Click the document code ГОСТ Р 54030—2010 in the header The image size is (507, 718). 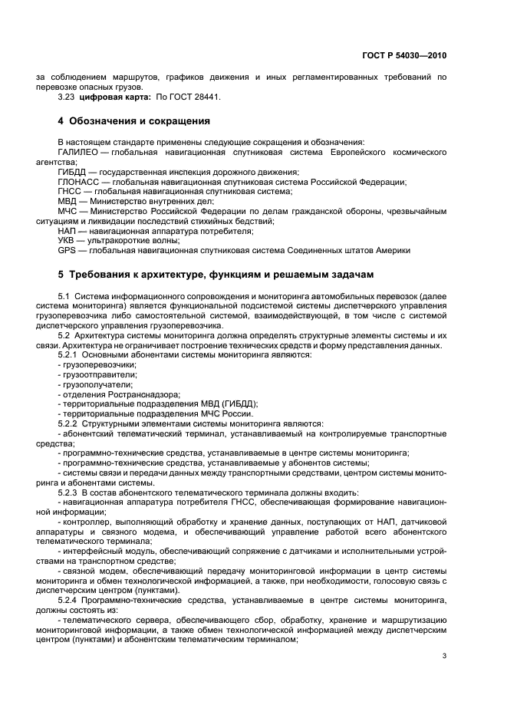405,56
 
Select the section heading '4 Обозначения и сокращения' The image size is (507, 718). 134,121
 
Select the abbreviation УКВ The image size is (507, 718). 67,240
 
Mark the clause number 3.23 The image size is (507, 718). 67,97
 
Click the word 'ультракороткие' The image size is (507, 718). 120,240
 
